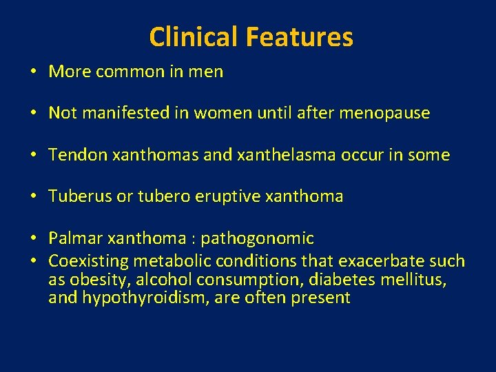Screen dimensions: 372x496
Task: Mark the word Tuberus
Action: coord(79,196)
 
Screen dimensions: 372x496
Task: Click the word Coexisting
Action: coord(88,262)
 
